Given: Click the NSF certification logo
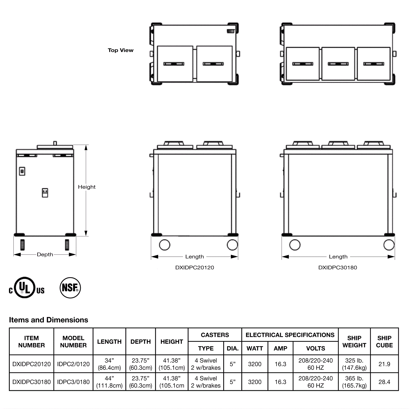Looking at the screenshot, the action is tap(70, 287).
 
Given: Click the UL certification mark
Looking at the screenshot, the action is tap(26, 287).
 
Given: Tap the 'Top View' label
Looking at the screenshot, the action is tap(120, 50).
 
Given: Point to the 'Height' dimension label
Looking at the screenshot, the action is tap(87, 187).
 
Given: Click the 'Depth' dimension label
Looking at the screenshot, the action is tap(45, 254).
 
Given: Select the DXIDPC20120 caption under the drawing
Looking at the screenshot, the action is tap(194, 267).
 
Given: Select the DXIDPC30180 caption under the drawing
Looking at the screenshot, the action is tap(337, 267).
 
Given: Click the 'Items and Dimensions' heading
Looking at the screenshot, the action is tap(48, 320).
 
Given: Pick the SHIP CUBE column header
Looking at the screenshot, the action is tap(384, 342).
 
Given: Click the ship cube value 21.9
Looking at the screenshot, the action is tap(384, 364).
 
